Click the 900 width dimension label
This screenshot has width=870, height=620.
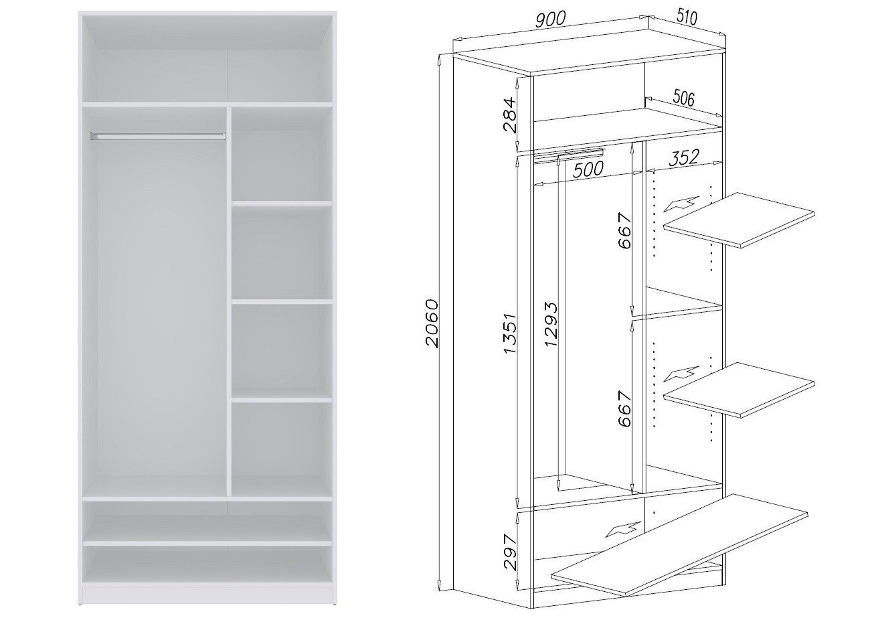550,19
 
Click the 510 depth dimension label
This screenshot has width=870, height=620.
687,17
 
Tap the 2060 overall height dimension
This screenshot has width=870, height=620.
432,323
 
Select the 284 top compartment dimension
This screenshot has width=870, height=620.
510,115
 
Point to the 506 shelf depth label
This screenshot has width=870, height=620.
683,98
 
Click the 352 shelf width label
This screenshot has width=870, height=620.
684,158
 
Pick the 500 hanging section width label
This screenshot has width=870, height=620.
588,169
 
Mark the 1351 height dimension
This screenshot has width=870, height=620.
511,333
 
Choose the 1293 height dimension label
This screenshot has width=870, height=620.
551,324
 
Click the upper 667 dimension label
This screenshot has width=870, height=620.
625,230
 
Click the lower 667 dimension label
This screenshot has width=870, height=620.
625,408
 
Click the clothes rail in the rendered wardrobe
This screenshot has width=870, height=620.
158,136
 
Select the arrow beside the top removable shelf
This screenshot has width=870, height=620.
681,204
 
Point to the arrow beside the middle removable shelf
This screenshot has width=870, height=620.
681,374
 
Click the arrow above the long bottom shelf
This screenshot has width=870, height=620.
622,530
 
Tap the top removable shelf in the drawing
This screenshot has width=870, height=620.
739,220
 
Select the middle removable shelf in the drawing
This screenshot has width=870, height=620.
739,390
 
